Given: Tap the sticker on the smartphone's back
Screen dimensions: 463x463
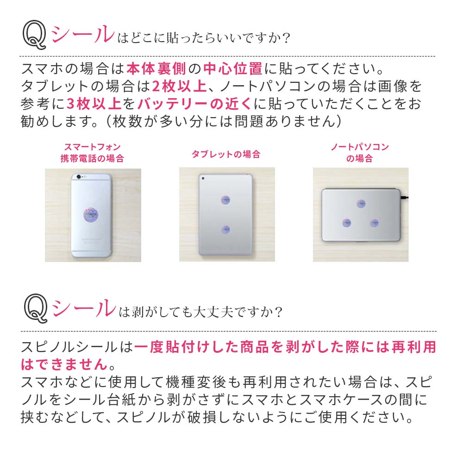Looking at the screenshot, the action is tap(91, 214).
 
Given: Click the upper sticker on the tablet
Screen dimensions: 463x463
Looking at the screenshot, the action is tap(225, 200).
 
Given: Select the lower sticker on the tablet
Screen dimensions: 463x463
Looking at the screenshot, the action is tap(225, 229).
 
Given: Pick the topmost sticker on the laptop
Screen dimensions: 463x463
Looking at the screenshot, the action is tap(361, 203).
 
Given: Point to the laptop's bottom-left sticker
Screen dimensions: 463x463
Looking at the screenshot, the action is tap(347, 223).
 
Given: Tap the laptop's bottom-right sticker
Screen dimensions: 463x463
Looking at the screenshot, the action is tap(375, 223).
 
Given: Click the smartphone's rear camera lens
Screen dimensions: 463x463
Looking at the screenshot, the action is tap(79, 177).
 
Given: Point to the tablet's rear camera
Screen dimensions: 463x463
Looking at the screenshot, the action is tap(203, 178).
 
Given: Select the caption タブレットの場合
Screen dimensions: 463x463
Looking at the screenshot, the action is tap(226, 154).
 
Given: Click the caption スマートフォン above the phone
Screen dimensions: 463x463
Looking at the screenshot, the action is tap(93, 147).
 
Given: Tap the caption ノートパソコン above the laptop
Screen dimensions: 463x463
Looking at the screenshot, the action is tap(360, 147).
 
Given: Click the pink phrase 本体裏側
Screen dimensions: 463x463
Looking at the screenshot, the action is tap(156, 69).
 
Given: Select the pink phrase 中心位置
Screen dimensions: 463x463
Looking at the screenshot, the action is tap(233, 69).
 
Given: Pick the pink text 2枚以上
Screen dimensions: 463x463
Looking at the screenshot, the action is tap(179, 86).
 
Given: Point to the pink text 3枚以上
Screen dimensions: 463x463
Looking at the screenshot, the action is tap(94, 104).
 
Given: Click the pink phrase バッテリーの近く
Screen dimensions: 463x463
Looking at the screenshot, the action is tap(194, 104).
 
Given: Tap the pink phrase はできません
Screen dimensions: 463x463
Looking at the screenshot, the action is tap(64, 364).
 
